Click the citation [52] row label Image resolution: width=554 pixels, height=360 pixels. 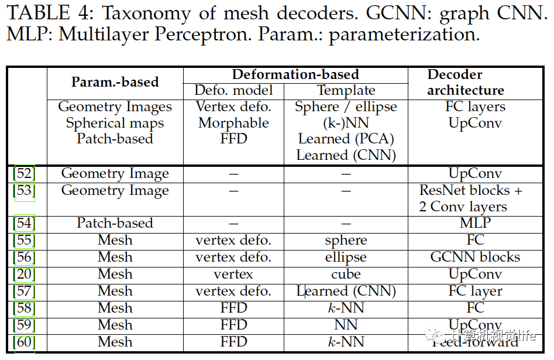pos(24,174)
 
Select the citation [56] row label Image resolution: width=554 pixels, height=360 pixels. pos(24,257)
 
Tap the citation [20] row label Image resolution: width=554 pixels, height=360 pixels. pos(24,274)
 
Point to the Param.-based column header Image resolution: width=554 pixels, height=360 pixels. pos(115,82)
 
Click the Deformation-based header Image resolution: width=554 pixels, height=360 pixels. pos(295,74)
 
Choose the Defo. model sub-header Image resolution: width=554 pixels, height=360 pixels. pos(233,91)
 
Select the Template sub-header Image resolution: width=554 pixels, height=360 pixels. pos(346,91)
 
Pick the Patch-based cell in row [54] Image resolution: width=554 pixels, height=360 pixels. pos(115,224)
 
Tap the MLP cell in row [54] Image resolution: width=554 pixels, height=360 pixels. pos(475,224)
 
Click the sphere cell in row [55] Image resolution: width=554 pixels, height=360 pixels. pos(346,241)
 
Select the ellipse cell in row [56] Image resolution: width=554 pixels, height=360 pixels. pos(346,258)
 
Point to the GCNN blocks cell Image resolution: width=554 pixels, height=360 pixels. pos(475,257)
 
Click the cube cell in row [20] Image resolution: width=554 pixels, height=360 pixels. pos(346,274)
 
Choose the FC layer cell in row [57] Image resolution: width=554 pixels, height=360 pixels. pos(475,291)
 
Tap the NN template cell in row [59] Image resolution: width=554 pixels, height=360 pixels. pos(346,325)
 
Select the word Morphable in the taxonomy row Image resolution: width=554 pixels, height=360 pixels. pos(233,124)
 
